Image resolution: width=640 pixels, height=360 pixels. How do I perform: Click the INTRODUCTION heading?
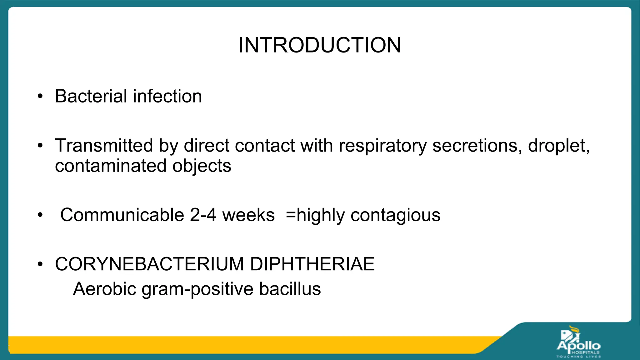320,45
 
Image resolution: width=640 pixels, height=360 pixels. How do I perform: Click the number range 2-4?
203,215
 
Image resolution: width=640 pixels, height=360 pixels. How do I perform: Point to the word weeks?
248,215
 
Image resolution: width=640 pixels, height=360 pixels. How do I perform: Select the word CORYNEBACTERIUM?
149,264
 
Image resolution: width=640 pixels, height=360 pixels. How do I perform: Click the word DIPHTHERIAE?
312,264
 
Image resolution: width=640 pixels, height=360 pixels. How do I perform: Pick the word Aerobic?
105,289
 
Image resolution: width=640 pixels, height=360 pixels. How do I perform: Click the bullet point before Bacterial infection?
40,97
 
